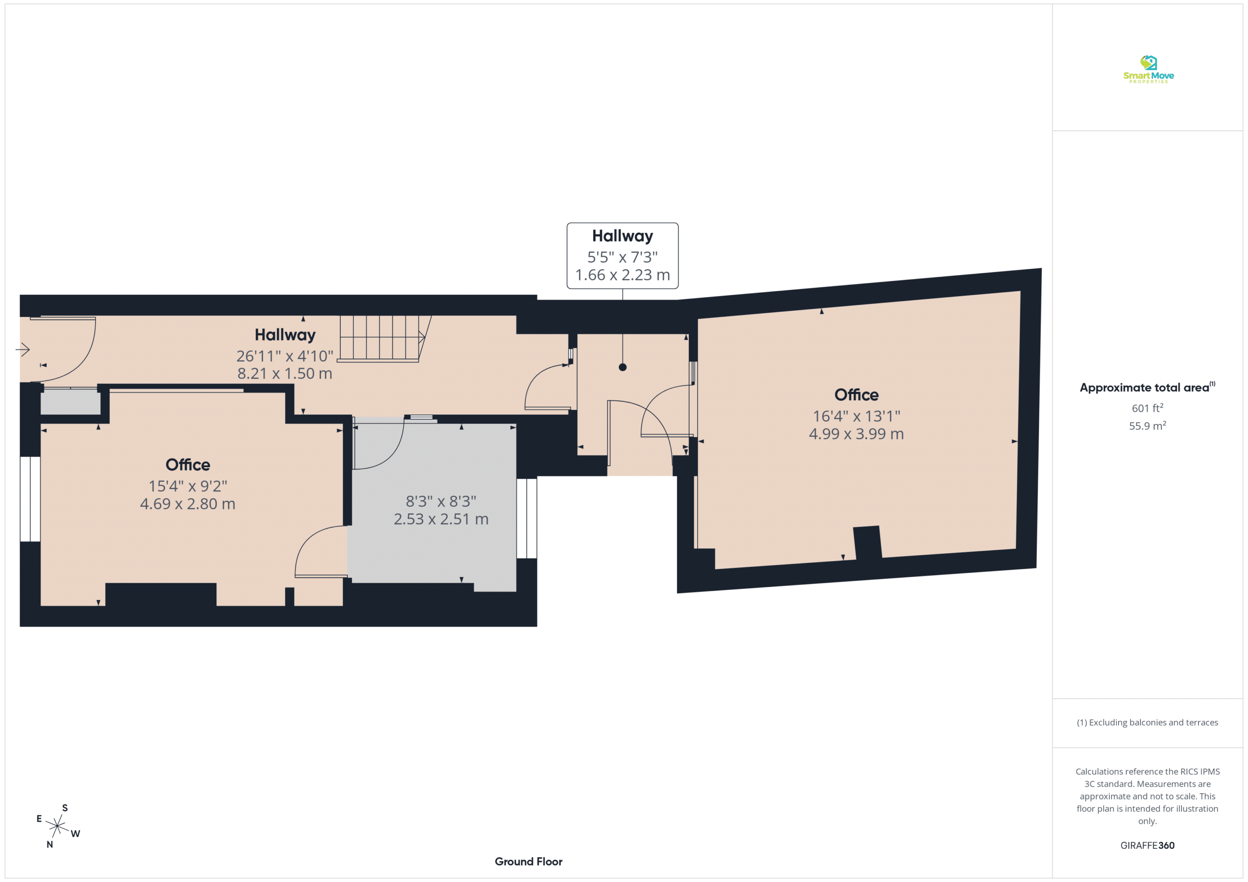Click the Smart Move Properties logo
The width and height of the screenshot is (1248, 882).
pyautogui.click(x=1148, y=70)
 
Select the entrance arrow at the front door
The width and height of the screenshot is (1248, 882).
pyautogui.click(x=23, y=349)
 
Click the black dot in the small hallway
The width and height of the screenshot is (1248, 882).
pyautogui.click(x=623, y=367)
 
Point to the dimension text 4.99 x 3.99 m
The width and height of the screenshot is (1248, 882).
pyautogui.click(x=856, y=434)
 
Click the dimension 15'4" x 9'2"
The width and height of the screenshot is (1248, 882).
pyautogui.click(x=188, y=486)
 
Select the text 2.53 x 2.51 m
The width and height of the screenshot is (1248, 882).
pyautogui.click(x=441, y=519)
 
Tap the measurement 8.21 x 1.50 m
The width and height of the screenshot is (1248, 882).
pyautogui.click(x=284, y=374)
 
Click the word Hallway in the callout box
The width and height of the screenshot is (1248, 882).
pyautogui.click(x=623, y=236)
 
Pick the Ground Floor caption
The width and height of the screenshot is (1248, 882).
pyautogui.click(x=528, y=862)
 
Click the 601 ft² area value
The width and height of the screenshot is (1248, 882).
pyautogui.click(x=1148, y=408)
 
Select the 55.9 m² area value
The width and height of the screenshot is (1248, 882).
pyautogui.click(x=1148, y=426)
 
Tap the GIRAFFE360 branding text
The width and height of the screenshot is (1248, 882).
pyautogui.click(x=1148, y=845)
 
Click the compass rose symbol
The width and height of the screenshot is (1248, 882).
pyautogui.click(x=57, y=826)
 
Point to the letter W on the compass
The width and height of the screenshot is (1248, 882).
pyautogui.click(x=75, y=834)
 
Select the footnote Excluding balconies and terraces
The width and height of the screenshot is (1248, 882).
pyautogui.click(x=1148, y=722)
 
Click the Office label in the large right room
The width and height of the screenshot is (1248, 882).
pyautogui.click(x=856, y=395)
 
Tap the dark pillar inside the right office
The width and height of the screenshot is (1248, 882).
pyautogui.click(x=868, y=542)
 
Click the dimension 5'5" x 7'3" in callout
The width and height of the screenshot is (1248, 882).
pyautogui.click(x=623, y=257)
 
